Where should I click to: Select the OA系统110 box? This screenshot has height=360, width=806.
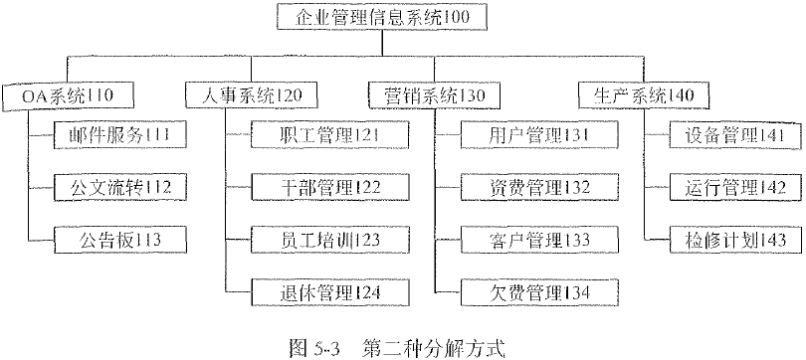point(68,95)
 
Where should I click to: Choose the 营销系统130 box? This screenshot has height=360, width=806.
point(433,95)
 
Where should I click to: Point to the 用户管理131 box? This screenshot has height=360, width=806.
point(525,133)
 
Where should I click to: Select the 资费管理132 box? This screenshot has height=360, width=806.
point(525,186)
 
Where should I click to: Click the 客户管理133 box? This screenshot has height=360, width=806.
point(525,239)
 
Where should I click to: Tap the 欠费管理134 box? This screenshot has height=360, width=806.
point(525,291)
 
